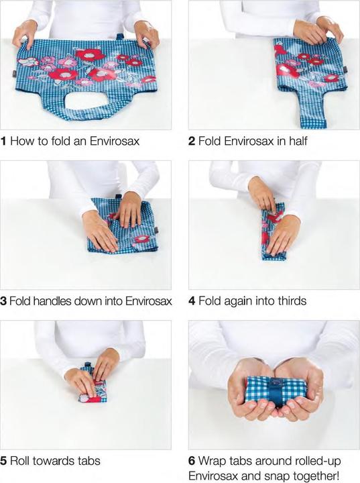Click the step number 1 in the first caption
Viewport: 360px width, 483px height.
click(x=3, y=142)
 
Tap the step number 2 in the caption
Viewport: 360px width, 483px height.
click(x=192, y=142)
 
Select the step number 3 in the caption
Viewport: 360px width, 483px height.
click(x=3, y=301)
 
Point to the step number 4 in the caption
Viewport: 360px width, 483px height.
click(x=192, y=301)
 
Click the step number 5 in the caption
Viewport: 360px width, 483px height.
click(x=3, y=461)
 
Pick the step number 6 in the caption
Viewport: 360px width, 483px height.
click(x=192, y=461)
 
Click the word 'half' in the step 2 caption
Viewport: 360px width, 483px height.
click(x=298, y=141)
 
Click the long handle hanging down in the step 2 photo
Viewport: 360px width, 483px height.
click(x=311, y=109)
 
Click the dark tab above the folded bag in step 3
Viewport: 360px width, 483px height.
click(x=119, y=196)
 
